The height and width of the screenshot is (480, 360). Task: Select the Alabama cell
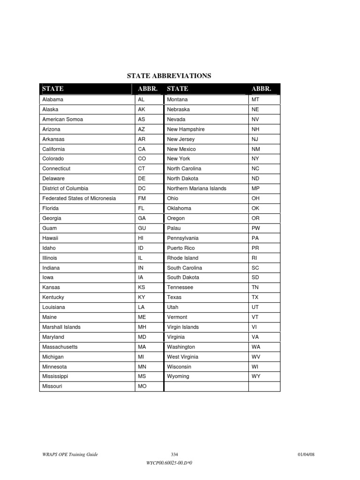tap(52, 100)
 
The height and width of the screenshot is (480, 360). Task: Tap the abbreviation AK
tap(142, 110)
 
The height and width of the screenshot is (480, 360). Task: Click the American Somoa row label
tap(62, 120)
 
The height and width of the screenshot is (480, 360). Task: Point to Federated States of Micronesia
tap(79, 198)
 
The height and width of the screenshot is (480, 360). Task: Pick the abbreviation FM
tap(142, 198)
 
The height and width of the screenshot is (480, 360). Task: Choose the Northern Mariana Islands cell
tap(196, 188)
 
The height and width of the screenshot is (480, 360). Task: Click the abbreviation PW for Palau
tap(256, 228)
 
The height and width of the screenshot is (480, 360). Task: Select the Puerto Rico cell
tap(180, 248)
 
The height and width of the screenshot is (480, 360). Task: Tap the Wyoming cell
tap(178, 376)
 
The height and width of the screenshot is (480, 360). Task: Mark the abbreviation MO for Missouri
tap(142, 386)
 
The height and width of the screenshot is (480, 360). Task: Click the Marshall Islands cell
tap(61, 327)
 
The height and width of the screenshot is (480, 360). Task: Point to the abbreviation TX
tap(255, 297)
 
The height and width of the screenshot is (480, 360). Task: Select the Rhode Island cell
tap(182, 258)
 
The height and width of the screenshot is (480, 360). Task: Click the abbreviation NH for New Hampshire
tap(255, 129)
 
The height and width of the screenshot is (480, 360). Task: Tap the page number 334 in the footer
tap(175, 455)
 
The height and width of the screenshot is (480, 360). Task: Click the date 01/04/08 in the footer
tap(309, 455)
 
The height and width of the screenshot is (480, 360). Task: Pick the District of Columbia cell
tap(65, 188)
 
